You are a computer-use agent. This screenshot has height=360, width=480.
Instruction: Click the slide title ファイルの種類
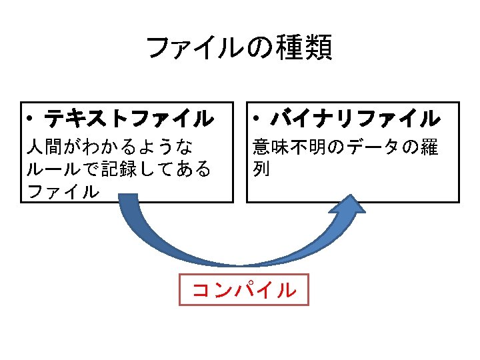pos(238,49)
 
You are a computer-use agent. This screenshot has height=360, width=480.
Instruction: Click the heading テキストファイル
pos(129,120)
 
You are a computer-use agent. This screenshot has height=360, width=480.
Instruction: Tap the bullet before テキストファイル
pos(31,121)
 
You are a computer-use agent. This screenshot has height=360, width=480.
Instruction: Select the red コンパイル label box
pos(244,290)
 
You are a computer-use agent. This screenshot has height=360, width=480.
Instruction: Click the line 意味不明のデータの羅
pos(345,147)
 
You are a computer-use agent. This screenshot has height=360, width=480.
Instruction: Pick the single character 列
pos(261,169)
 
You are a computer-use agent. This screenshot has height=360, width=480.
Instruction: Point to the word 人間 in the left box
pos(45,147)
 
